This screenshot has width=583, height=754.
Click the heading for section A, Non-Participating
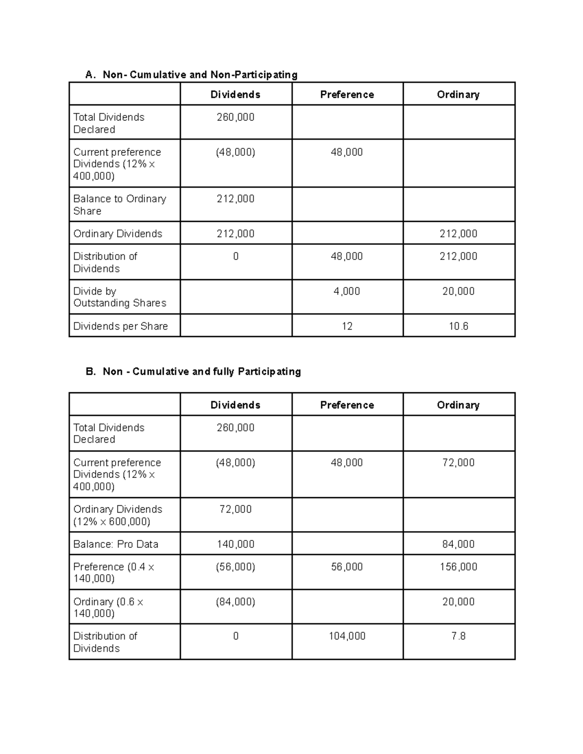[191, 74]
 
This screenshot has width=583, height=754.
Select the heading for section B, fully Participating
[193, 371]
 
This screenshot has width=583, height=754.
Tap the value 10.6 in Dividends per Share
[458, 326]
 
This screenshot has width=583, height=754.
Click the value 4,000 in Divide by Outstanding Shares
[347, 291]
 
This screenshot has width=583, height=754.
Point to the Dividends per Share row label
[120, 326]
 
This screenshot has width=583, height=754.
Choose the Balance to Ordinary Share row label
[120, 204]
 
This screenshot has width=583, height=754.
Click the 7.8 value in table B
[458, 636]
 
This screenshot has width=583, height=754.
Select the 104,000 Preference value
[347, 636]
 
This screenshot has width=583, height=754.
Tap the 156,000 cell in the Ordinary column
[458, 567]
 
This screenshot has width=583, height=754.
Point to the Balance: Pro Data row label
[116, 544]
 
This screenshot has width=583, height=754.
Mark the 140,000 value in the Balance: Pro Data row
[235, 544]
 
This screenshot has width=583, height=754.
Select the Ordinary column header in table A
[458, 95]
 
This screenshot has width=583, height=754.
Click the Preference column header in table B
[347, 405]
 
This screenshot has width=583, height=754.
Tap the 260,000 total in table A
[235, 117]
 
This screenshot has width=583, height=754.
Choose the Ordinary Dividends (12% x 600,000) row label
[118, 515]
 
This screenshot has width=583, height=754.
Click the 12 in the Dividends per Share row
[347, 326]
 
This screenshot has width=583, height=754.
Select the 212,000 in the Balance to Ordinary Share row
[235, 199]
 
